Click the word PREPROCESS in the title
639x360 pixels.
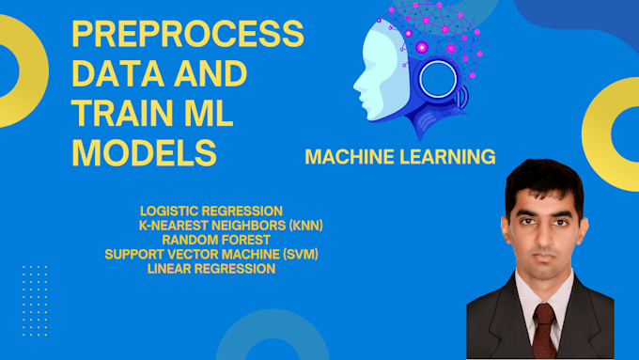188,34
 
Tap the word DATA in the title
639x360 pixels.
117,74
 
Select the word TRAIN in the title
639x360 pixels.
122,113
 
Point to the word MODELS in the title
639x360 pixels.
145,152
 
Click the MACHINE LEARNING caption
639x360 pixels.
400,157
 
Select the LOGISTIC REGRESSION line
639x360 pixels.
211,211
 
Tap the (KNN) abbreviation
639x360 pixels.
305,226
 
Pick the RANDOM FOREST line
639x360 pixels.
216,240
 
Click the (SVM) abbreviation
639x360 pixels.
301,255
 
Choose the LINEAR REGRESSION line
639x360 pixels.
211,269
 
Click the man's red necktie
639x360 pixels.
544,330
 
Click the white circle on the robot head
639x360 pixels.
438,80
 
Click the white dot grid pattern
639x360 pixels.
35,301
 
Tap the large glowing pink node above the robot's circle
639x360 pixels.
422,48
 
